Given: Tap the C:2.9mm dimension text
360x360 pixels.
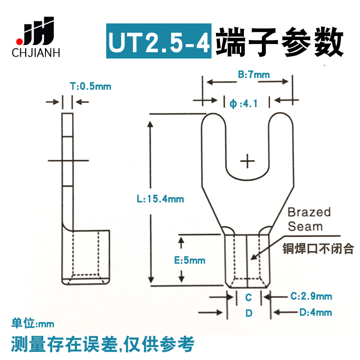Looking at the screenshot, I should coord(311,296).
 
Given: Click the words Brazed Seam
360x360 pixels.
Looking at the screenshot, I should coord(309,219).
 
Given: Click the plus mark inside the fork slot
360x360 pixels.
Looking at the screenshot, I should coord(247,160).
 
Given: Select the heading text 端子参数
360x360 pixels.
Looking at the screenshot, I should coord(279,42).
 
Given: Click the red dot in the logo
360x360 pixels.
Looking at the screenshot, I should coord(18,37).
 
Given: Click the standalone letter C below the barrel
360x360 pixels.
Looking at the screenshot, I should coord(248,297).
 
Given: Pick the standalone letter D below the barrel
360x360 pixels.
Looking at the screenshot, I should coord(248,313).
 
